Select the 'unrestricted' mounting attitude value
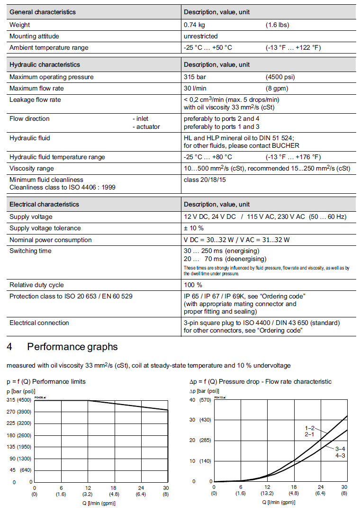[x=201, y=36]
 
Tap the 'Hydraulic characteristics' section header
[x=45, y=64]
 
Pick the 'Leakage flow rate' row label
[x=36, y=99]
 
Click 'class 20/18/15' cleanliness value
[x=205, y=180]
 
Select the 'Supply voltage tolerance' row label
[x=45, y=228]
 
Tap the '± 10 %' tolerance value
[x=194, y=228]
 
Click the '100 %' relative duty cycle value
[x=193, y=285]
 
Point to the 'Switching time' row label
[x=30, y=251]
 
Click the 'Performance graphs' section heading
[x=72, y=347]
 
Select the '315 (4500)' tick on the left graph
[x=18, y=400]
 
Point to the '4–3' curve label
[x=340, y=456]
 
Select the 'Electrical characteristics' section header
[x=45, y=204]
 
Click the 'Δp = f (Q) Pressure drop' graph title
[x=260, y=382]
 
